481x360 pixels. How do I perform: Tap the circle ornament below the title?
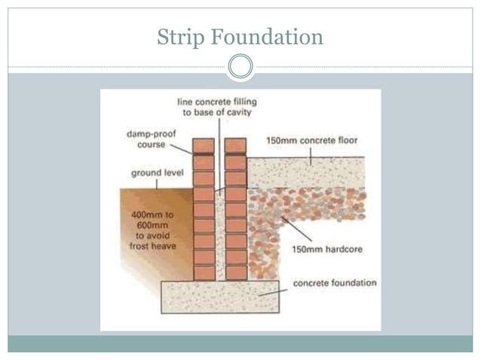(x=240, y=67)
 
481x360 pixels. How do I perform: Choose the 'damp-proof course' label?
(x=148, y=139)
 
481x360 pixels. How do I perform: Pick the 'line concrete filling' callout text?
(x=214, y=106)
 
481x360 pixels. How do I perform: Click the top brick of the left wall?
(x=203, y=145)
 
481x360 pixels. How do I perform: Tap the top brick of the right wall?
(x=235, y=145)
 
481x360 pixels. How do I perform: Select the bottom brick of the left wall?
(x=204, y=273)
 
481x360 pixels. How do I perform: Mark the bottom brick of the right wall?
(x=236, y=273)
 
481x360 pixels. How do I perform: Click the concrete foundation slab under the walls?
(x=219, y=296)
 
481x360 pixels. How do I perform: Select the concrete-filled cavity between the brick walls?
(x=219, y=226)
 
